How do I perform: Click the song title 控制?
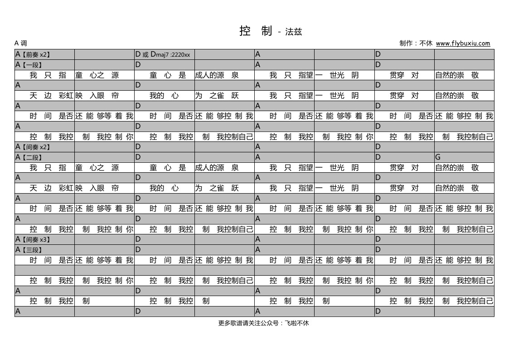(x=256, y=31)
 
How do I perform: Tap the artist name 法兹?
(x=293, y=31)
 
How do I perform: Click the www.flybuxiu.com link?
(x=463, y=43)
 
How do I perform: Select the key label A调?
(x=21, y=43)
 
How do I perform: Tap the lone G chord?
(x=438, y=157)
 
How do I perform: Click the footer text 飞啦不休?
(x=297, y=323)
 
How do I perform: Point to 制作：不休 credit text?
(x=416, y=43)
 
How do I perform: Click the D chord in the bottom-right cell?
(x=378, y=311)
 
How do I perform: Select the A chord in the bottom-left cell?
(x=18, y=311)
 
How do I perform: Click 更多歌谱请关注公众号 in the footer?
(x=248, y=323)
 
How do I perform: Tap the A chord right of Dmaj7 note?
(x=258, y=54)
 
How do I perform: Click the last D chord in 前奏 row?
(x=378, y=54)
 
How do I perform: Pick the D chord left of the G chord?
(x=378, y=157)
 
